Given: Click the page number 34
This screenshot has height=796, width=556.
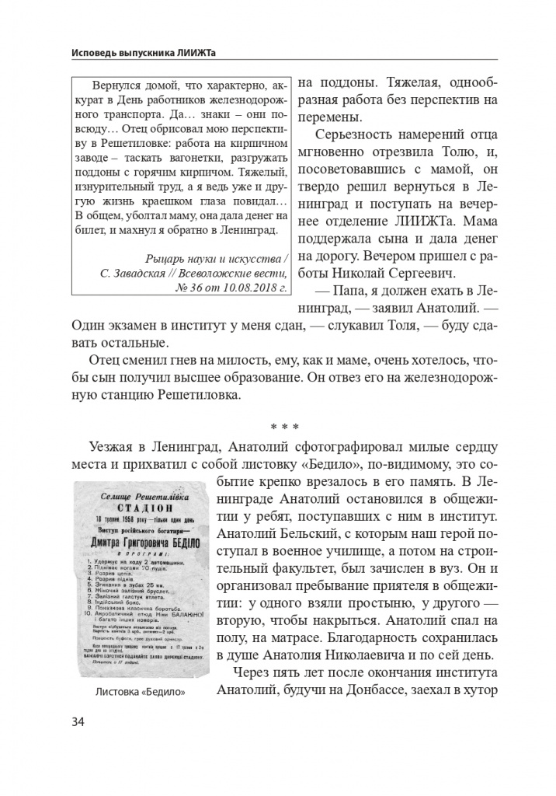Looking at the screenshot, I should [x=78, y=721].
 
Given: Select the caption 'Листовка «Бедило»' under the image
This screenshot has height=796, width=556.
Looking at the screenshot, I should [x=140, y=692].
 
